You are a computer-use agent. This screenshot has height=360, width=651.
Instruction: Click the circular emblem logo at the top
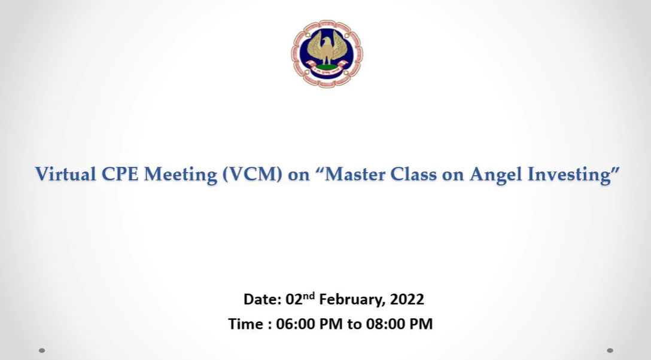pos(327,53)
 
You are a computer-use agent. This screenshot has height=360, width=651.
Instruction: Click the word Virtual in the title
pos(66,174)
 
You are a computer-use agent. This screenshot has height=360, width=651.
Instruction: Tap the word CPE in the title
pos(120,174)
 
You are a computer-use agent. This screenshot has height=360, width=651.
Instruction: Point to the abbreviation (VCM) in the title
pos(253,175)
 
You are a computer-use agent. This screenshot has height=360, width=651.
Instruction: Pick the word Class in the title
pos(413,174)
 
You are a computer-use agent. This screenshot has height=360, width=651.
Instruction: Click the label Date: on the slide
pos(263,300)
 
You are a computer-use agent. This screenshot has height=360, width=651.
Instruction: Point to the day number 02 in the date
pos(294,300)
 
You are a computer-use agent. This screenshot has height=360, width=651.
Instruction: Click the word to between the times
pos(354,325)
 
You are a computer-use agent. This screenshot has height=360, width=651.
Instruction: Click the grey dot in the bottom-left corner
pos(42,350)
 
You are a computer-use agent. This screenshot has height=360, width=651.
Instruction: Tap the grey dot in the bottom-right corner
pos(610,350)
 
